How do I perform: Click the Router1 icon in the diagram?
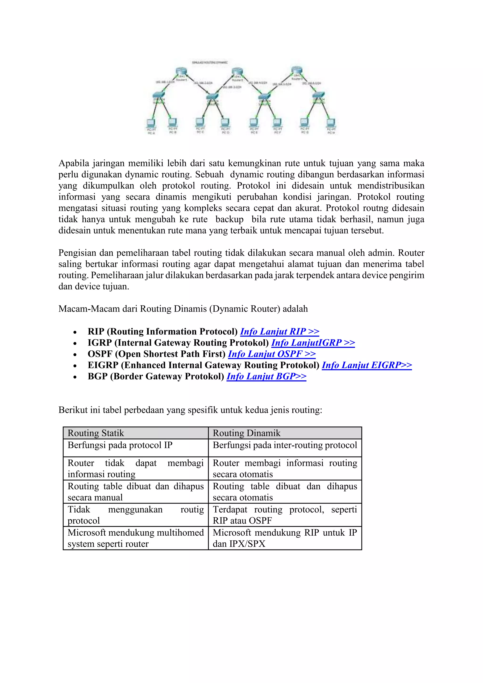click(180, 72)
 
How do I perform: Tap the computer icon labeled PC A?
click(151, 123)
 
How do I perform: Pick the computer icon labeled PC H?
click(331, 123)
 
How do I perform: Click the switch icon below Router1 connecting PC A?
click(159, 96)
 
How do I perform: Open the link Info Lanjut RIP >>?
click(279, 331)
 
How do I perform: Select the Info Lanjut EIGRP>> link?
click(366, 365)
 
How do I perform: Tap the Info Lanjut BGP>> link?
click(266, 376)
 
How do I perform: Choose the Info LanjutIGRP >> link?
click(313, 343)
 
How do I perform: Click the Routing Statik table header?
click(96, 433)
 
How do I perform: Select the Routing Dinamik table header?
click(246, 433)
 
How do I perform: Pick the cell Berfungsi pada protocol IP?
click(120, 445)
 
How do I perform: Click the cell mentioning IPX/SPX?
click(284, 538)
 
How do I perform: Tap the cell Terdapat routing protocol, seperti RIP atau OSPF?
click(284, 515)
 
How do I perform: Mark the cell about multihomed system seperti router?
click(135, 538)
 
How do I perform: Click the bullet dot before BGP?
click(75, 377)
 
